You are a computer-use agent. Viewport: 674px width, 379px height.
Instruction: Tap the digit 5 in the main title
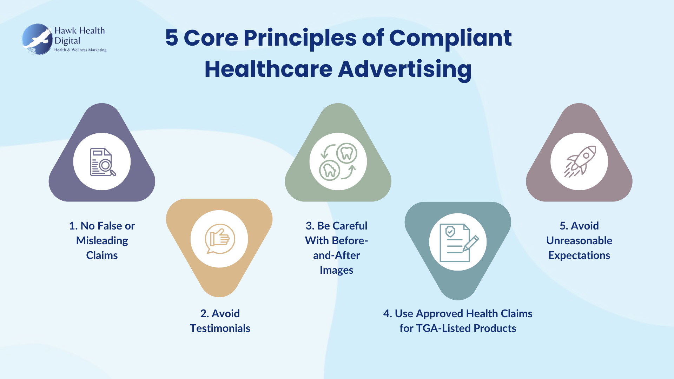coord(172,38)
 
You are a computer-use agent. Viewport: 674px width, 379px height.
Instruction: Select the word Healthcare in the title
coord(269,69)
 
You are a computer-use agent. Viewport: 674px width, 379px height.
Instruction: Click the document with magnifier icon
coord(103,162)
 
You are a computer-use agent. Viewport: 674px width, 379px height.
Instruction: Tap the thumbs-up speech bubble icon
coord(220,239)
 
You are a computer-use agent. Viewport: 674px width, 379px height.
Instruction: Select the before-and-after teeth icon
coord(338,162)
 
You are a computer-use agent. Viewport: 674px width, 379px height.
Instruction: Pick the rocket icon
coord(580,162)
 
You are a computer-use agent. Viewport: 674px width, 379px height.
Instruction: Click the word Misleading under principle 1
coord(102,241)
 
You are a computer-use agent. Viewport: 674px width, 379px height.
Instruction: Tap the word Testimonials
coord(220,328)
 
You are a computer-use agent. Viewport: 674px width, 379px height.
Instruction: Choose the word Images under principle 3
coord(336,270)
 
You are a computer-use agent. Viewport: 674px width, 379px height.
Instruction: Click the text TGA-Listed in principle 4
coord(444,328)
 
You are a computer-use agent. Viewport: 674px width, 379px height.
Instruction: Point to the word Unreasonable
coord(579,240)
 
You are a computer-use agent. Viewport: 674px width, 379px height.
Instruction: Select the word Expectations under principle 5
coord(579,255)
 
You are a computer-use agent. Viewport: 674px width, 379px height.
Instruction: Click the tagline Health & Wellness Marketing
coord(80,50)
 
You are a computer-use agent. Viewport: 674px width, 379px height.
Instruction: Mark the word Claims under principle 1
coord(102,255)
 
